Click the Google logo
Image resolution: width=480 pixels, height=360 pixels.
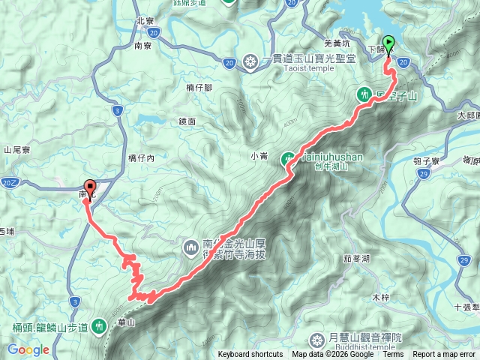[x=28, y=349]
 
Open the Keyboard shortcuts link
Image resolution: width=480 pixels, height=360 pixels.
[x=250, y=355]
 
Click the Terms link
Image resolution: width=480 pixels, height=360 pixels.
[x=393, y=355]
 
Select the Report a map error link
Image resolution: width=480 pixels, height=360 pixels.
[x=444, y=355]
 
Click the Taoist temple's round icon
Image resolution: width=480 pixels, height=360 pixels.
[x=251, y=61]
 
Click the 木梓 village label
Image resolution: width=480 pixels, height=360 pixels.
[x=381, y=298]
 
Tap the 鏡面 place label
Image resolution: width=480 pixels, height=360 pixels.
[x=187, y=121]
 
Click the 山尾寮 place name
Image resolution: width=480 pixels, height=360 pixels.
[x=16, y=150]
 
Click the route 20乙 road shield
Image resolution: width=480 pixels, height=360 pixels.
[x=9, y=182]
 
